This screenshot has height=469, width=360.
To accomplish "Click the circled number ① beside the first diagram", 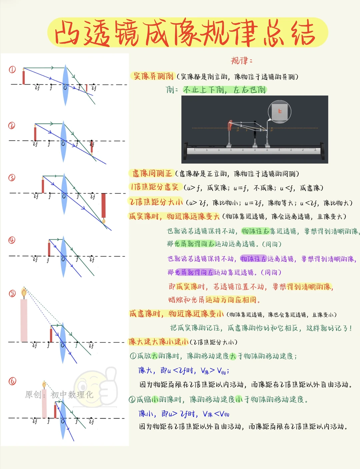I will [12, 69].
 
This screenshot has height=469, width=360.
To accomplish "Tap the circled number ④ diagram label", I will [12, 240].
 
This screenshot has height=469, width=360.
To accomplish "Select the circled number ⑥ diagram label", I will [12, 381].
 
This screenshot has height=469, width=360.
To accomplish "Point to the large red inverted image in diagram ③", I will [104, 206].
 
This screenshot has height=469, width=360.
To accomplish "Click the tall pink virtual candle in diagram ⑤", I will [24, 320].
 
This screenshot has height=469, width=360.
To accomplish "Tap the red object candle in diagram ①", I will [24, 77].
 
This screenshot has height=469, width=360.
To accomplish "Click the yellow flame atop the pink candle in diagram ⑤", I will [24, 293].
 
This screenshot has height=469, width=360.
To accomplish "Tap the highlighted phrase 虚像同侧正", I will [152, 173].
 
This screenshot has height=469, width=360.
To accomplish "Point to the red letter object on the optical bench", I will [230, 126].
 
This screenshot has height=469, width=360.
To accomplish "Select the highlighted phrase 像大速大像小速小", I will [159, 342].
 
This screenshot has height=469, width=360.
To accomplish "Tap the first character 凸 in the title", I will [67, 33].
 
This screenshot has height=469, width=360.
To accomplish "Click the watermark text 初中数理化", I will [72, 395].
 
